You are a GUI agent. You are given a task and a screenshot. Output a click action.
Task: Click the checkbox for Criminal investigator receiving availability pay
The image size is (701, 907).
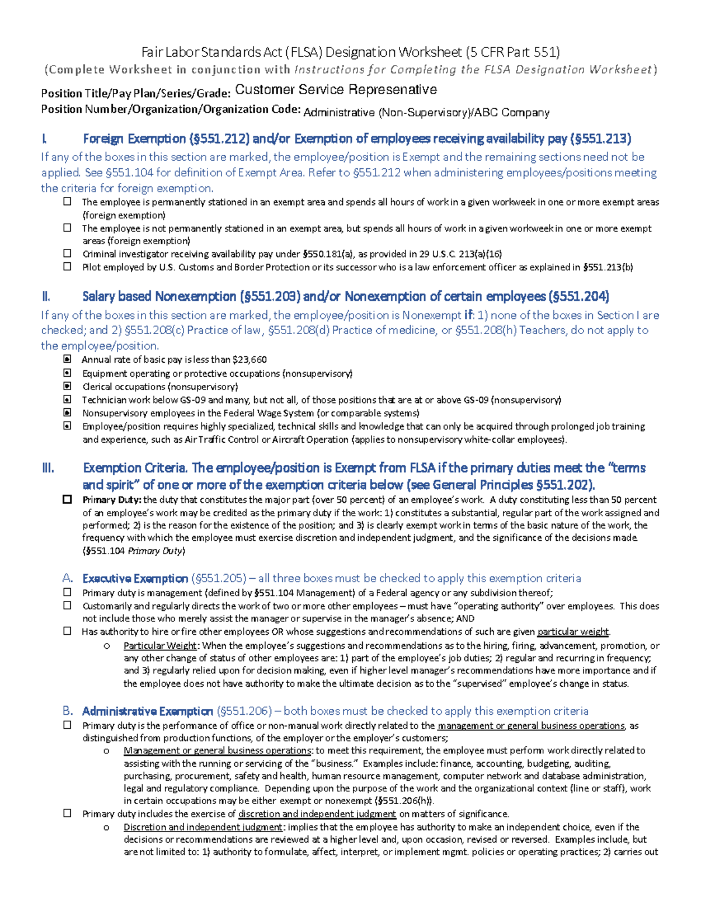point(68,253)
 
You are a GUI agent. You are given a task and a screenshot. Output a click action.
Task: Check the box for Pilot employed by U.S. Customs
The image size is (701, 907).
point(68,267)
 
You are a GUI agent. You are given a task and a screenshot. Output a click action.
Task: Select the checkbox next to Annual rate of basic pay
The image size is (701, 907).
point(68,359)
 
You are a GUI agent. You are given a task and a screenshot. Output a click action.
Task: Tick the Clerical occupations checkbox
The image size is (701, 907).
point(68,386)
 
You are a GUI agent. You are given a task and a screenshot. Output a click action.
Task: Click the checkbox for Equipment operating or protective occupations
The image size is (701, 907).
point(68,373)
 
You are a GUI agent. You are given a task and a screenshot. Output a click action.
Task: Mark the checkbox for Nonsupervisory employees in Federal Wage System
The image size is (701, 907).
point(68,413)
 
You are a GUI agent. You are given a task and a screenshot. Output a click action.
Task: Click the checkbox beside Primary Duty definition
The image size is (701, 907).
point(68,499)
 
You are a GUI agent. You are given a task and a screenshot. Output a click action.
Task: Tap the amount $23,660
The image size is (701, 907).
point(249,360)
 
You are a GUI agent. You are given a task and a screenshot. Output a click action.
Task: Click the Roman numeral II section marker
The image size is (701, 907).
point(46,297)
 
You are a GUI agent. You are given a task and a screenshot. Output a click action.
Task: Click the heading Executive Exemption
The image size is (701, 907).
point(135,578)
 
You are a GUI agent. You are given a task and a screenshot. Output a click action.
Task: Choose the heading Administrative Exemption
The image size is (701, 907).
point(147,711)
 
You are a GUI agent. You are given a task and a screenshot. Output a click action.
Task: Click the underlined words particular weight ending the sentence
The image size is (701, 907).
point(572,631)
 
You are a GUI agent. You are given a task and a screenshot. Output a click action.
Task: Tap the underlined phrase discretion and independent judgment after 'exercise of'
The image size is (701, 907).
point(317,814)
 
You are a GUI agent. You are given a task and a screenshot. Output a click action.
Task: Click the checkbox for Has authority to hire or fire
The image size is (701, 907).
point(68,631)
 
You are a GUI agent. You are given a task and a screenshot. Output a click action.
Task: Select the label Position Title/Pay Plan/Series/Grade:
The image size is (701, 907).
point(136,93)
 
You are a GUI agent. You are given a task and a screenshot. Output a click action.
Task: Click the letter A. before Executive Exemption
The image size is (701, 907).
point(68,578)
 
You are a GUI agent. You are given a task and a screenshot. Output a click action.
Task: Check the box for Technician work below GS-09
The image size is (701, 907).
point(68,399)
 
